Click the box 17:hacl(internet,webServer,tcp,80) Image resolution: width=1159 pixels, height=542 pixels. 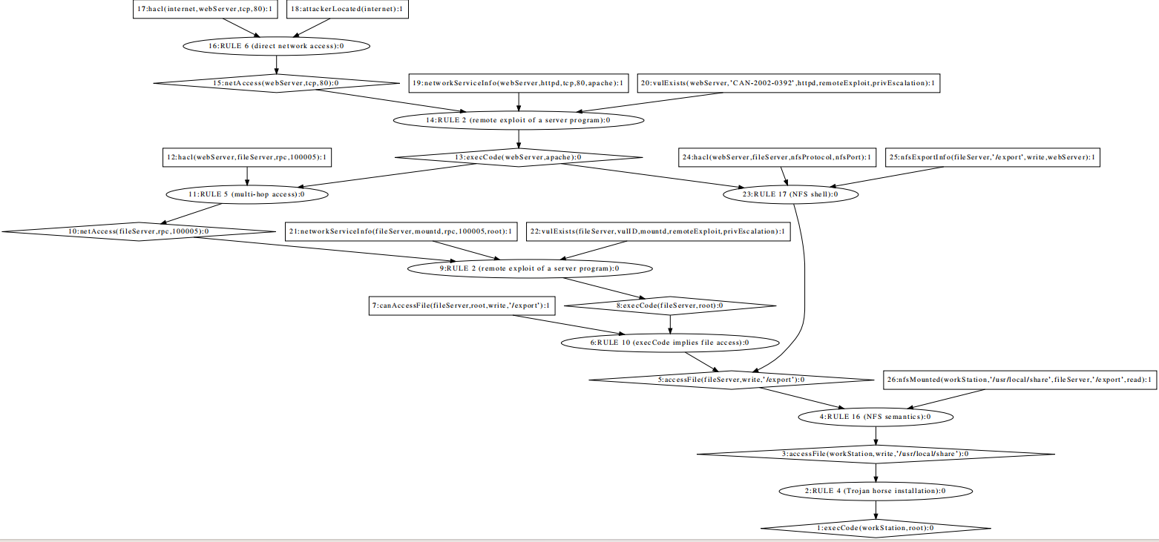click(203, 9)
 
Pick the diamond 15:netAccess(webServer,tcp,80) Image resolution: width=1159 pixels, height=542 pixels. click(276, 83)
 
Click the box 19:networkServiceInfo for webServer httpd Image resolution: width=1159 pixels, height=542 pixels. click(518, 83)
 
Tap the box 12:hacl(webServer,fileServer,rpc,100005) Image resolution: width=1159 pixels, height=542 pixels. click(247, 157)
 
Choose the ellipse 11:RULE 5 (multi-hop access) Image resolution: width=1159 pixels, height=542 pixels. click(246, 194)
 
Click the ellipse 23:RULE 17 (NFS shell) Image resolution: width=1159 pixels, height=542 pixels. click(791, 194)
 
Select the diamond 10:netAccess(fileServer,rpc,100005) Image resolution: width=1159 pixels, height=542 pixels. click(138, 231)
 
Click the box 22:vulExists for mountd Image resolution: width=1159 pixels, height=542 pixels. click(658, 231)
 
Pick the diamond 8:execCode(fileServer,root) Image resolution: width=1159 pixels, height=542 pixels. click(671, 305)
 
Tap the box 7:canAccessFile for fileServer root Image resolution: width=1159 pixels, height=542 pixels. click(462, 305)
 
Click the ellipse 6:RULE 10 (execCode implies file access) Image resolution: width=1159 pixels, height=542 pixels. click(671, 343)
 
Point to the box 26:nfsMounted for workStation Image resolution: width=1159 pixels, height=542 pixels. click(1020, 380)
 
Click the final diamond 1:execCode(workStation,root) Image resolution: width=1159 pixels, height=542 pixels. click(876, 528)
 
